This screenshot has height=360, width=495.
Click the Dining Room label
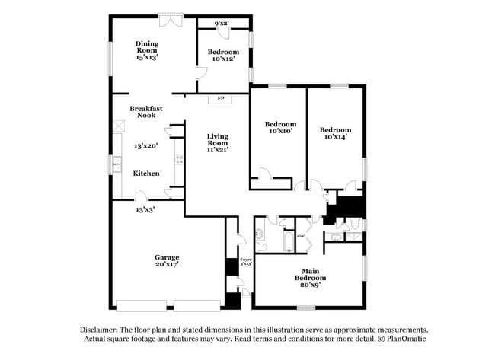pos(147,44)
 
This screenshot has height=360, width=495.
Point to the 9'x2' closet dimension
pos(222,24)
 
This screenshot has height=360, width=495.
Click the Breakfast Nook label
pos(144,111)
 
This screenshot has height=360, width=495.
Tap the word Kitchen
pos(146,174)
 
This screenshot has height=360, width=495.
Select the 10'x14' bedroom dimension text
pos(334,138)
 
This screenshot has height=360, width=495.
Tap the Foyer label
pos(245,261)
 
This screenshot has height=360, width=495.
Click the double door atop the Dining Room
pos(170,18)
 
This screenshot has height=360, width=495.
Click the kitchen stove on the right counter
pos(179,159)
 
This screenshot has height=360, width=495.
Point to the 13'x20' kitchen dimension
pos(146,146)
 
